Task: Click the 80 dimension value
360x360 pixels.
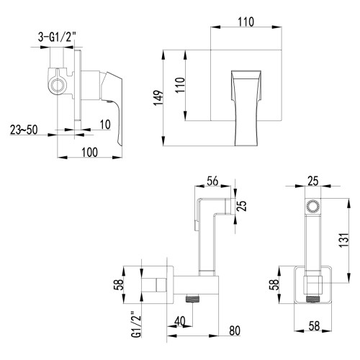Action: (234, 333)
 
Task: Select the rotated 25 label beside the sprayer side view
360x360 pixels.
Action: (243, 206)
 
